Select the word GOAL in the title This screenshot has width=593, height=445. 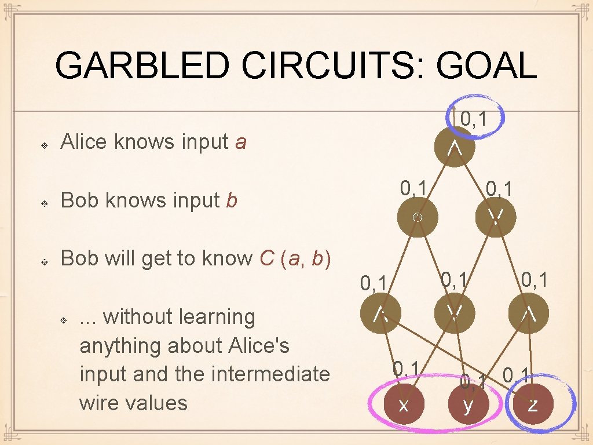(486, 65)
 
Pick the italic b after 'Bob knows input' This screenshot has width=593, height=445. (231, 200)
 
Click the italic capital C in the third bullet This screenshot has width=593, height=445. (267, 258)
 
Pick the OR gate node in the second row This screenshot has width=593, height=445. (495, 217)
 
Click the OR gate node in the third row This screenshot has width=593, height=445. (455, 313)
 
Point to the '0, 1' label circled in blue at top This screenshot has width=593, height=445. (473, 119)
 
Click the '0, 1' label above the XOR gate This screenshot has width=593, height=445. (414, 188)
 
